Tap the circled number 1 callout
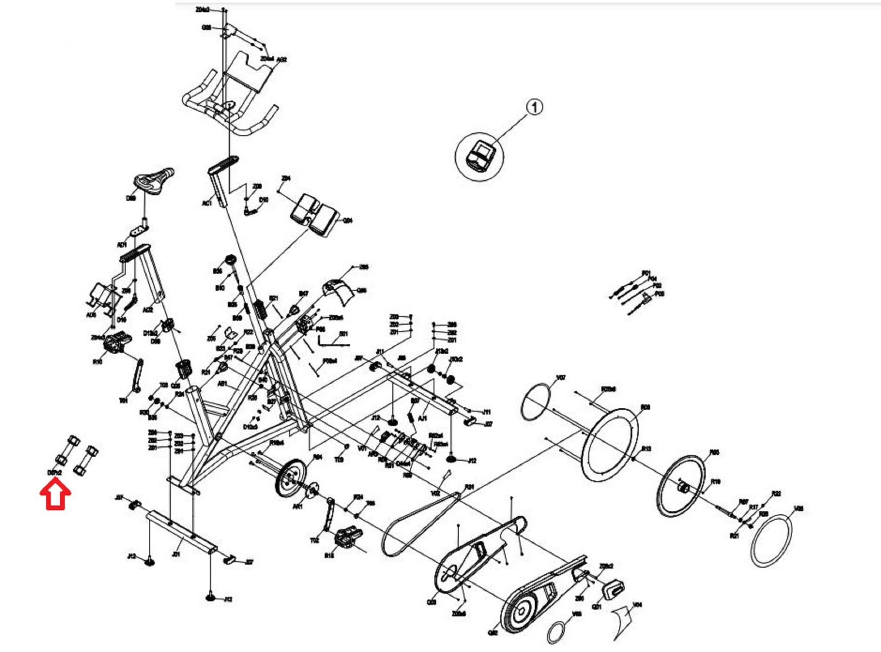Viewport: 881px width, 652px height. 534,106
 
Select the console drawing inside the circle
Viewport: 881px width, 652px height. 481,155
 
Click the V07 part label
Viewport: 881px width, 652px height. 561,378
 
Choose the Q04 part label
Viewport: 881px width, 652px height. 348,221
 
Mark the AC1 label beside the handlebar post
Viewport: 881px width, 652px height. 207,203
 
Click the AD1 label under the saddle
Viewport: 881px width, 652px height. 122,245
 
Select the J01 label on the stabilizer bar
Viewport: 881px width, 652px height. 176,554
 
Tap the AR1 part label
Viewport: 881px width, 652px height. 298,507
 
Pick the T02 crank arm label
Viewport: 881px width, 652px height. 314,541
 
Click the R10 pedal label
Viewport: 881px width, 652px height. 97,362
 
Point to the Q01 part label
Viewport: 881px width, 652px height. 597,606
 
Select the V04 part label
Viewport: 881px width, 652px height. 637,605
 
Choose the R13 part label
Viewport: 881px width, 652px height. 647,449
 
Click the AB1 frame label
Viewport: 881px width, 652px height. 222,384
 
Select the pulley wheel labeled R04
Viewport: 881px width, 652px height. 290,477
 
